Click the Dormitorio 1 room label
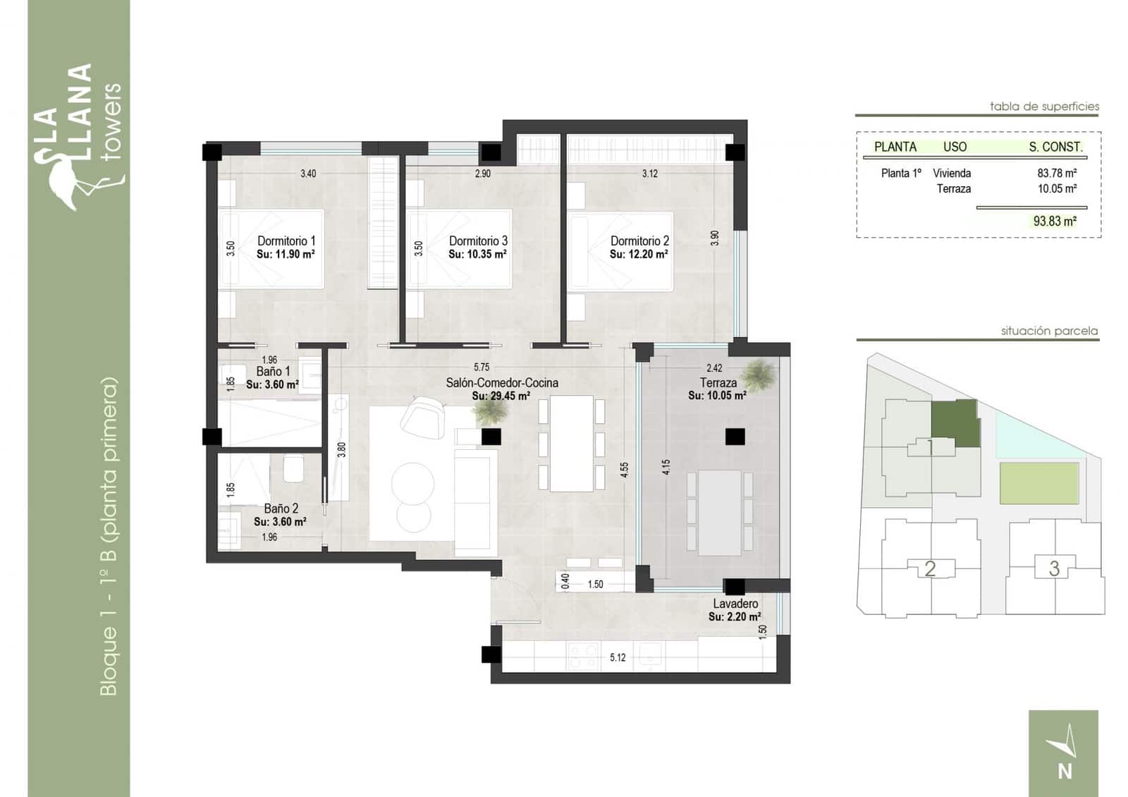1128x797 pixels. [286, 241]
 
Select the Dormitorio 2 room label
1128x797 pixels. [639, 241]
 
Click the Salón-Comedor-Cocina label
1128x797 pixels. [501, 382]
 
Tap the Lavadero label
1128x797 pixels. [735, 604]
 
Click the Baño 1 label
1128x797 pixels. [273, 371]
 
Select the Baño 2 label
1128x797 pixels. [281, 508]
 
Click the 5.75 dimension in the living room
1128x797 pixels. [482, 367]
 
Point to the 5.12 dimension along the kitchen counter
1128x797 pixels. [618, 657]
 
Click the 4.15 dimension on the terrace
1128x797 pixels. [666, 467]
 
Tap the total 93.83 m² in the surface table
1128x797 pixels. [1055, 221]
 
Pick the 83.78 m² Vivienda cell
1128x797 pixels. [1056, 173]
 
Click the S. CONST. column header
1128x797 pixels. [1055, 147]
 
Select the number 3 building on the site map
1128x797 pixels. [1054, 568]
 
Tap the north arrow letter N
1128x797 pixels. [1065, 771]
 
